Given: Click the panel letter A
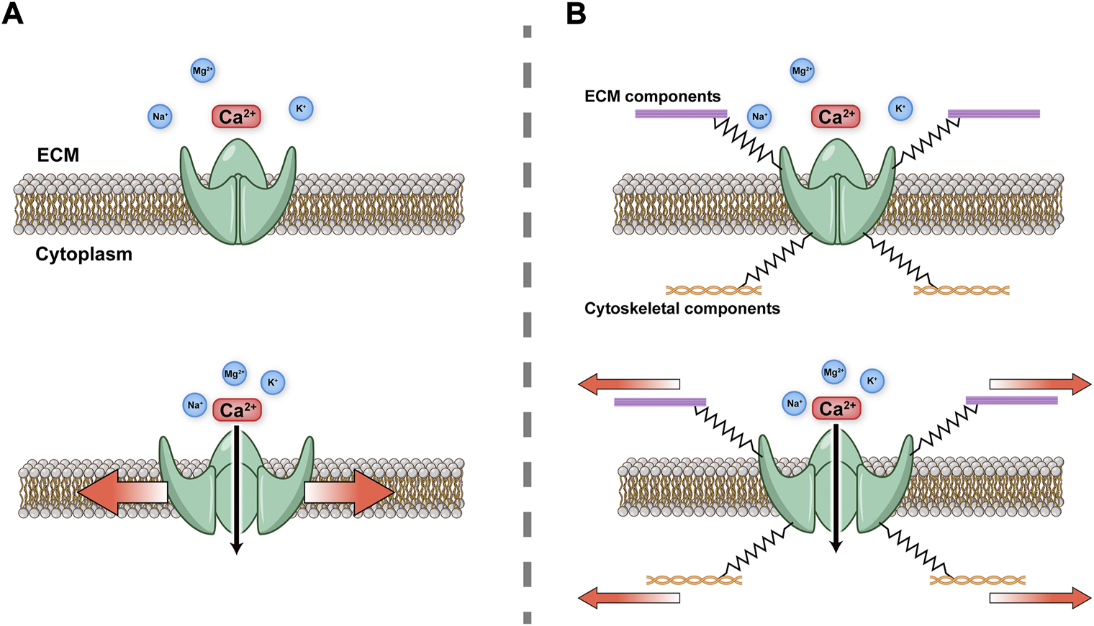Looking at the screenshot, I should coord(12,14).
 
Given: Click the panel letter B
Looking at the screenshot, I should coord(576,14).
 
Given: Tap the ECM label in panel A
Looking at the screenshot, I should coord(58,155).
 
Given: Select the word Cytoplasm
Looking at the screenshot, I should coord(83,254).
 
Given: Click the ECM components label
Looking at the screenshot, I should coord(652,96).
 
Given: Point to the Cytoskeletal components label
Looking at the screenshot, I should coord(682,309).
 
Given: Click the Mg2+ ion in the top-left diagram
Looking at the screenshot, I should coord(203,71).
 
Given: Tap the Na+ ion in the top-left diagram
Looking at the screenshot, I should coord(160,116).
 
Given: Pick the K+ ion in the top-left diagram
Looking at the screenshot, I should coord(301,109).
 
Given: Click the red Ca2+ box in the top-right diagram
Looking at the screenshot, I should coord(836,117).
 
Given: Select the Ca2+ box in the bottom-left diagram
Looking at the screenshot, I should coord(237,410).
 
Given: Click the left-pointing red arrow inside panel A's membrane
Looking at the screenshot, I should coord(122,492).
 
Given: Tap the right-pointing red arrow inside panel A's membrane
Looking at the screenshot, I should coord(349,492).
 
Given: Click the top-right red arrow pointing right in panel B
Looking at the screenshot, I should coord(1040,384).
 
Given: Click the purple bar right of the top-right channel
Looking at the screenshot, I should coord(993,114).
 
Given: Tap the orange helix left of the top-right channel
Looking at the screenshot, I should coord(713,291).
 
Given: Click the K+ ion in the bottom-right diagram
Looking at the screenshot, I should coord(872,381).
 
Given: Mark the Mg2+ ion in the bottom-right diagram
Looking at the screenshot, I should coord(834,372).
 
